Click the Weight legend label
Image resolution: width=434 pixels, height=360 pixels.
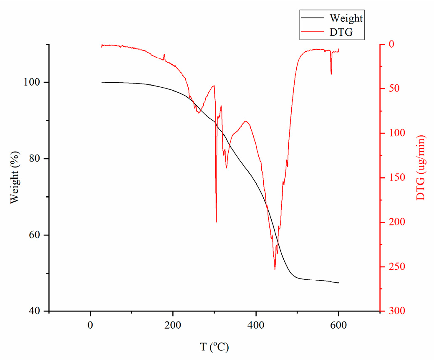pyautogui.click(x=346, y=18)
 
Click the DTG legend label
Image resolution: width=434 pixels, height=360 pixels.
pyautogui.click(x=341, y=33)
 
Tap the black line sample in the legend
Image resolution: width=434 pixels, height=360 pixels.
pyautogui.click(x=313, y=19)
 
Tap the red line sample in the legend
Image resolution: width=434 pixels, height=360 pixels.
pyautogui.click(x=313, y=33)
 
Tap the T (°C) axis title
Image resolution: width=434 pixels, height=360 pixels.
pyautogui.click(x=214, y=347)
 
